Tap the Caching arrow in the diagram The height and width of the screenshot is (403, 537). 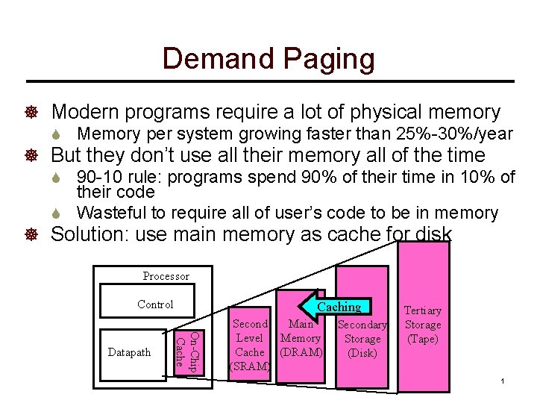coord(336,306)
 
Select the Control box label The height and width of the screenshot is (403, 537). coord(155,304)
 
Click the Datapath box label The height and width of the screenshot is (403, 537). coord(129,352)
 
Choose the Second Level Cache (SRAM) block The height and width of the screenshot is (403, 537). coord(250,345)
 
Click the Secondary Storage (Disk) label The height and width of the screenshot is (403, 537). coord(362,339)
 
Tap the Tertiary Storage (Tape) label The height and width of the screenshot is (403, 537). coord(422,324)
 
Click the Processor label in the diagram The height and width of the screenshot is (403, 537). coord(166,276)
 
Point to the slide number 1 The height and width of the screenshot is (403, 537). coord(503,381)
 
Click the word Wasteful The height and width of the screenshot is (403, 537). coord(110,213)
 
